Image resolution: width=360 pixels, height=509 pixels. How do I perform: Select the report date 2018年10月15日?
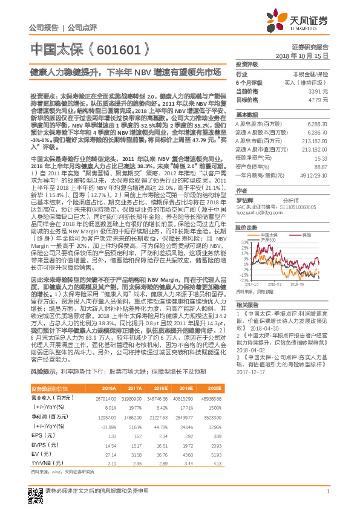click(302, 55)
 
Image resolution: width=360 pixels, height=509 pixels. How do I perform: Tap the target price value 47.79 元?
click(318, 99)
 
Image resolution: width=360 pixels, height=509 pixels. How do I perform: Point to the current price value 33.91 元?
click(318, 91)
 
